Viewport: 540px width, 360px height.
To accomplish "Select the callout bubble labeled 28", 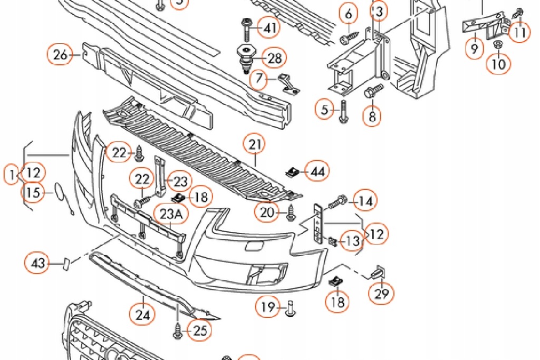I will pos(274,58).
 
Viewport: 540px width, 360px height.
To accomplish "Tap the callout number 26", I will pos(60,55).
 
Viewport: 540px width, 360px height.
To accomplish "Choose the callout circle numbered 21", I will pos(255,144).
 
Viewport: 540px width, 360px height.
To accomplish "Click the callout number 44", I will pos(317,171).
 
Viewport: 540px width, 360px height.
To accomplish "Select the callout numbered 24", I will pos(143,315).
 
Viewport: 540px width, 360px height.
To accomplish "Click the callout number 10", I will pos(498,64).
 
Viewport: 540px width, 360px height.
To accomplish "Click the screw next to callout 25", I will pos(177,331).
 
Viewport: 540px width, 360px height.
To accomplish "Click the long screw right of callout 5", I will pos(343,111).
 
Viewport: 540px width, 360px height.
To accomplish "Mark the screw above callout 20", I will pos(291,212).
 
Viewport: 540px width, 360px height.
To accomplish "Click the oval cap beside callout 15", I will pos(56,191).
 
